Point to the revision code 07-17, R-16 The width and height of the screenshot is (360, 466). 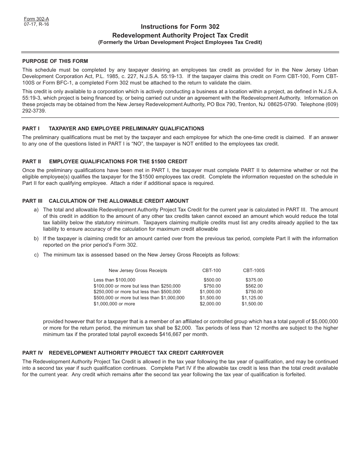tap(36, 24)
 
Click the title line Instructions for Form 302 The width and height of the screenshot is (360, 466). tap(180, 27)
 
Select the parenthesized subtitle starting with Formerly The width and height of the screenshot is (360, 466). tap(180, 42)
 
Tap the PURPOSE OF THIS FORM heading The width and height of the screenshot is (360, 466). tap(55, 61)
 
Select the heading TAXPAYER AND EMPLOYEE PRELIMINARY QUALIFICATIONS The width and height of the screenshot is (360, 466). tap(126, 128)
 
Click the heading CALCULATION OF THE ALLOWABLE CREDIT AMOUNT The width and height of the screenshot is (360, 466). tap(119, 201)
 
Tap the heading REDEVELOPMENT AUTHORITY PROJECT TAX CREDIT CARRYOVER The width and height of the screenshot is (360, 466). tap(136, 353)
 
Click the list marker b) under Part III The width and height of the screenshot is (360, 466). tap(36, 239)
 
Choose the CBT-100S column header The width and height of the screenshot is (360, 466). tap(254, 271)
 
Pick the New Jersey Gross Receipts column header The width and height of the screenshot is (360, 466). tap(138, 271)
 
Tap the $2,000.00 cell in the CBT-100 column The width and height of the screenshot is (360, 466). tap(210, 304)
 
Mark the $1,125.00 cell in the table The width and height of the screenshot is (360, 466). tap(252, 298)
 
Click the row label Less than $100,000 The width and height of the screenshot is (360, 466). tap(114, 280)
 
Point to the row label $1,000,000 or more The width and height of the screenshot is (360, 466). tap(114, 304)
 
